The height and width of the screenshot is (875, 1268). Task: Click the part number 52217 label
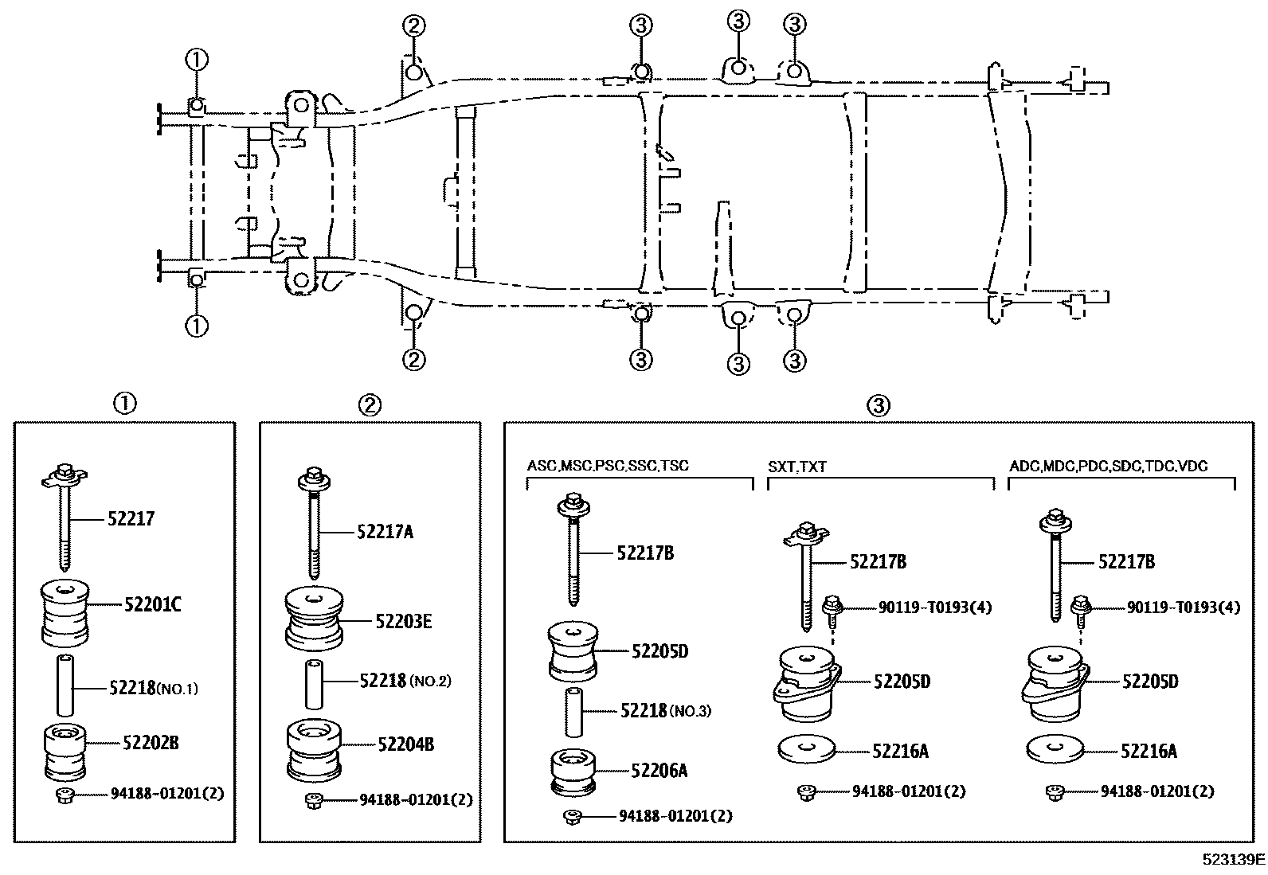(131, 519)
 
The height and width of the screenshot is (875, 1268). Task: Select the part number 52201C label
(152, 604)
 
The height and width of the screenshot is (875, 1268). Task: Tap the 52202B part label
(151, 743)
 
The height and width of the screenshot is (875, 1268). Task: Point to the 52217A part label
(385, 532)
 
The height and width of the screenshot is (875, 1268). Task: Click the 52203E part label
(403, 622)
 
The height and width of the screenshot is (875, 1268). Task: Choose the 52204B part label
(405, 744)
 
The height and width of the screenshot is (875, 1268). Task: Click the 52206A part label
(659, 770)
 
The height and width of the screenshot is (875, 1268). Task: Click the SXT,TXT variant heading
(797, 467)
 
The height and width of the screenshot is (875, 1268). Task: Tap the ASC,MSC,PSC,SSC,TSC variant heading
(608, 466)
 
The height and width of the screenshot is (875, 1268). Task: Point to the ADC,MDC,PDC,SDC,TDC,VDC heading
(1109, 466)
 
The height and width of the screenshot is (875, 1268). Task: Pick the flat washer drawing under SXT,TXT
(805, 748)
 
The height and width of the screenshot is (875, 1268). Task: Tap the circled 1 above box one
(125, 404)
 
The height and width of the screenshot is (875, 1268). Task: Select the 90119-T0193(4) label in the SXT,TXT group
(935, 607)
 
